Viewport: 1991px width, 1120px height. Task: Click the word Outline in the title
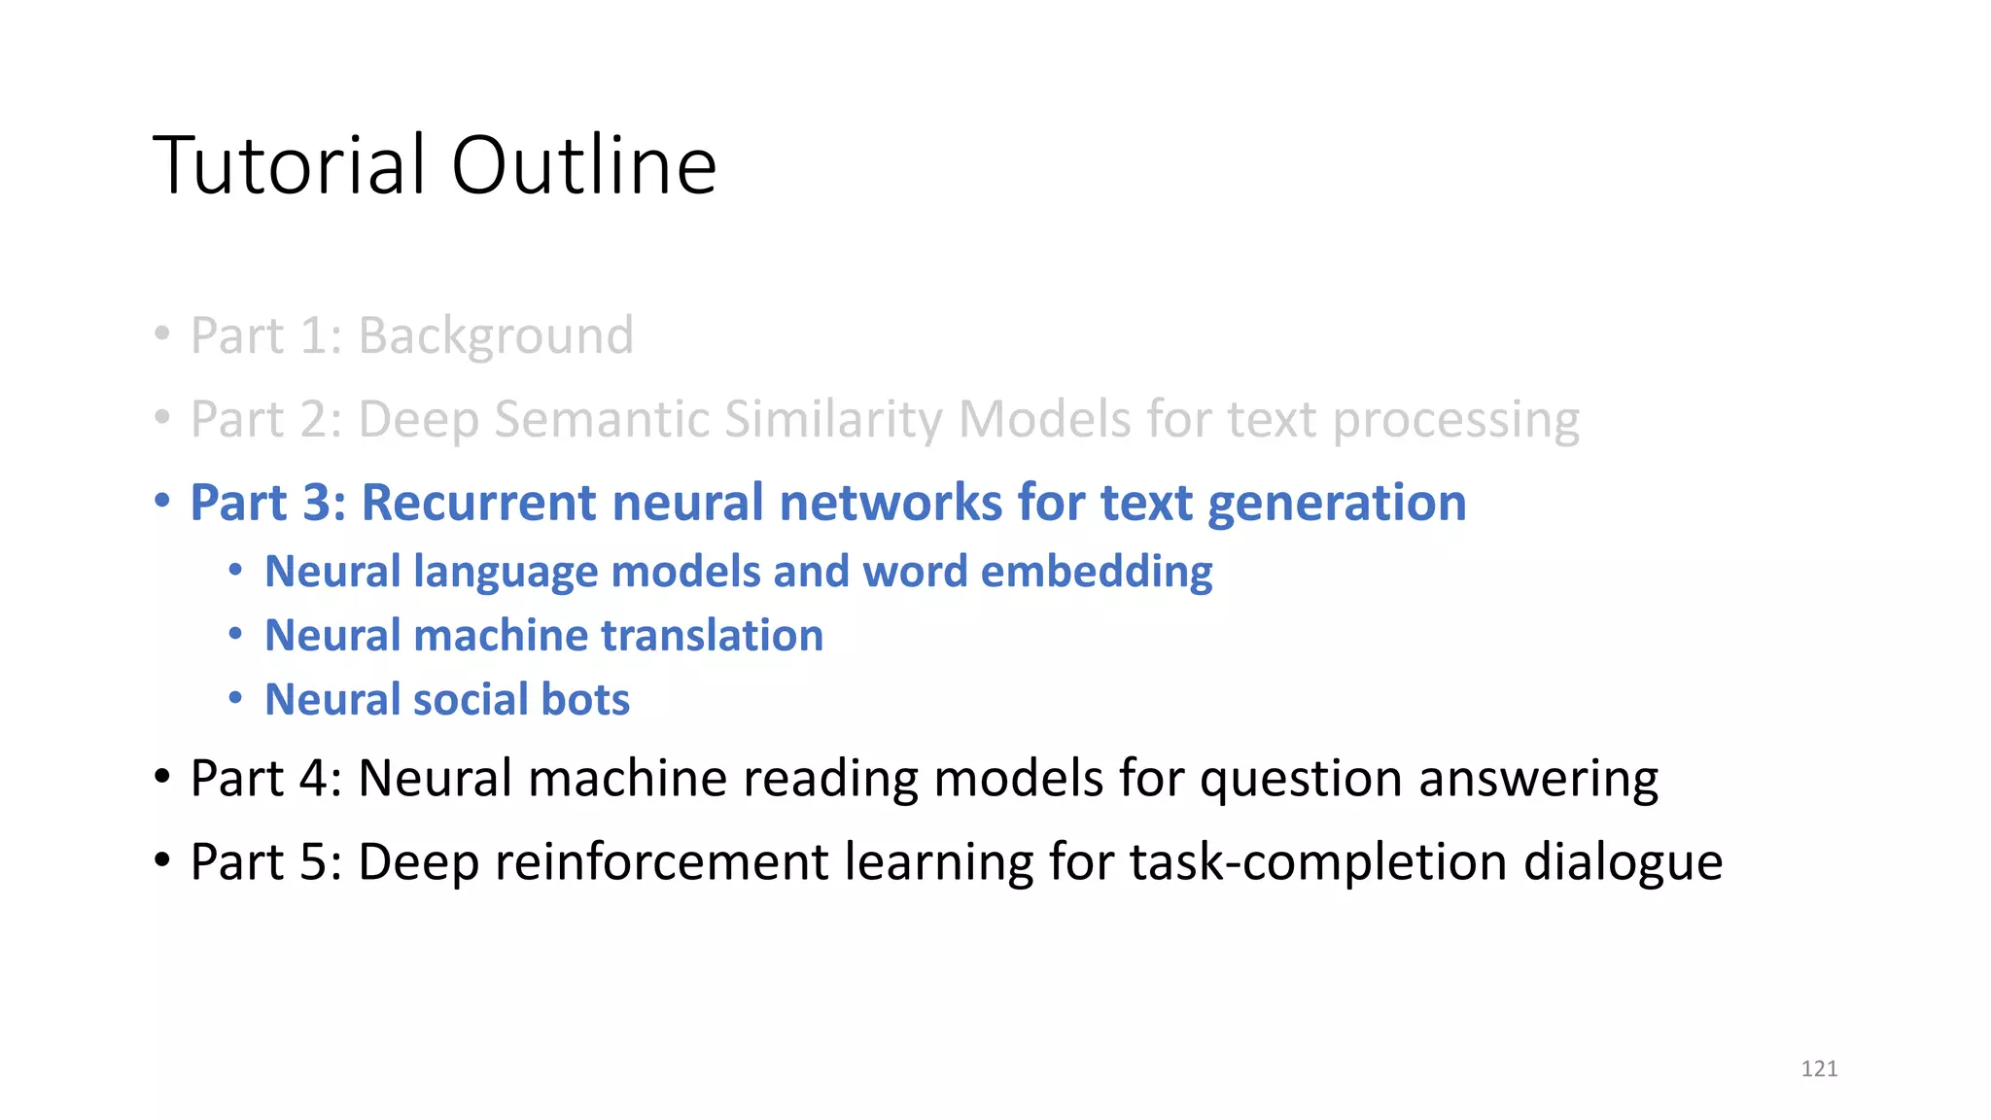point(583,165)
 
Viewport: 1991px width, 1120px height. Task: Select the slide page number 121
point(1819,1068)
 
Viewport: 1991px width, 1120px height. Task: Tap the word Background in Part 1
point(496,336)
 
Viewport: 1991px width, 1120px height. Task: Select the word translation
point(712,636)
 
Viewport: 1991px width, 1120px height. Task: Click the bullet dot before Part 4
point(162,778)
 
